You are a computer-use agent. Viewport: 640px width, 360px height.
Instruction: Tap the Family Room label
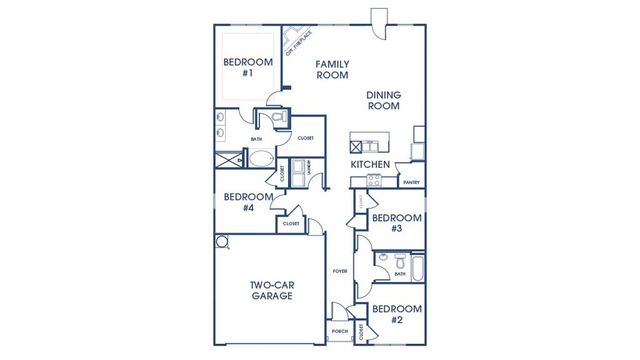point(332,69)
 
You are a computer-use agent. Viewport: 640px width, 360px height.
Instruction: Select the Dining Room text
point(383,100)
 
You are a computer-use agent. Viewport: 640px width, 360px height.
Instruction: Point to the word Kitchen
point(369,163)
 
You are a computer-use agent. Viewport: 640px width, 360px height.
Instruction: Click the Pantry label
point(410,183)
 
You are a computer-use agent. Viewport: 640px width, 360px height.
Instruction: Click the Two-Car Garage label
point(271,290)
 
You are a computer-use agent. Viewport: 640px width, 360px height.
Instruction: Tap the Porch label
point(339,330)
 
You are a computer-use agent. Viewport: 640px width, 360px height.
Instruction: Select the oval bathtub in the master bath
point(257,159)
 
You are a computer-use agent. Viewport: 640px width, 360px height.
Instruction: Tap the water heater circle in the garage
point(222,241)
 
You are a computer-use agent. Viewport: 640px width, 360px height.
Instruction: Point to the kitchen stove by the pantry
point(374,182)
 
